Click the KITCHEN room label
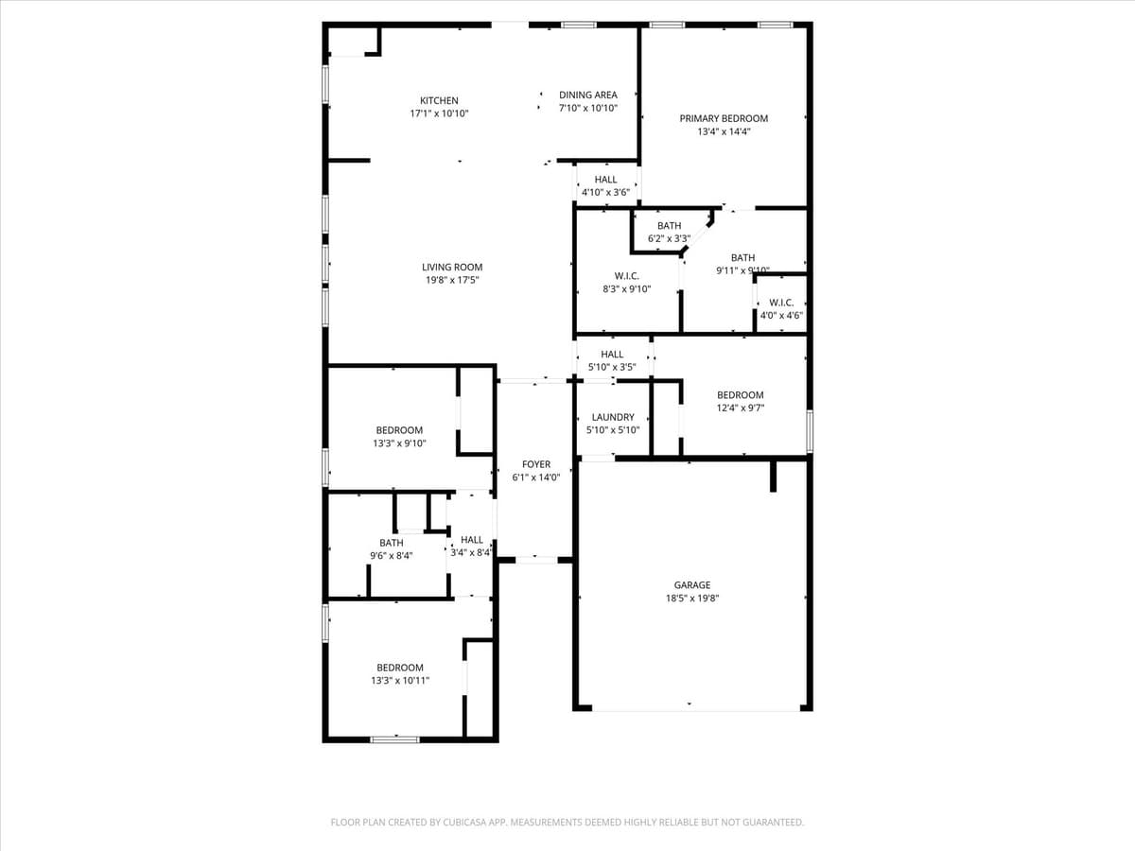(x=439, y=100)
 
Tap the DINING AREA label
(x=588, y=95)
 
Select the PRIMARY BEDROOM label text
(x=724, y=118)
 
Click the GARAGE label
(x=691, y=585)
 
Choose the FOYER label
(x=536, y=464)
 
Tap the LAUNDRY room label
(x=613, y=417)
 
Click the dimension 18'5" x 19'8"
(x=691, y=599)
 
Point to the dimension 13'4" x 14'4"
(x=724, y=132)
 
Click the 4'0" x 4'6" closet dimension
(x=781, y=316)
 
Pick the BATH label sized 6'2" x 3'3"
(x=669, y=226)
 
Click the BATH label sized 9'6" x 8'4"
(x=391, y=543)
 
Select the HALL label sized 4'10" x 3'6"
(x=605, y=180)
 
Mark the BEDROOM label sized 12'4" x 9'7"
(x=740, y=395)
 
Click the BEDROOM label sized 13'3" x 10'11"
(x=400, y=668)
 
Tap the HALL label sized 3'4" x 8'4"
(x=472, y=540)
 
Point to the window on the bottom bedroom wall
(x=394, y=738)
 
